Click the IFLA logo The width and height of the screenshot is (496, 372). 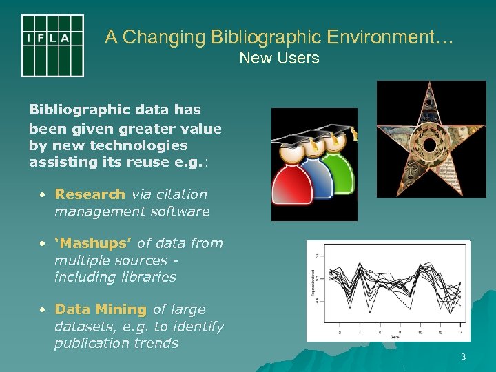pos(52,45)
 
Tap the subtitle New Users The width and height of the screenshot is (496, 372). pos(279,58)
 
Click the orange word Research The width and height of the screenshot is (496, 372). pos(90,195)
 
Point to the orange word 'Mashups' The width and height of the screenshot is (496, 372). pos(94,243)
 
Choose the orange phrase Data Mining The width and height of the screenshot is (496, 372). pos(101,310)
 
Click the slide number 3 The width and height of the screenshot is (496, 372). pos(463,357)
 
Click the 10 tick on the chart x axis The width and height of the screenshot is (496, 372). pos(420,333)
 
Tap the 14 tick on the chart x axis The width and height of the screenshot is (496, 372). pos(459,333)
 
